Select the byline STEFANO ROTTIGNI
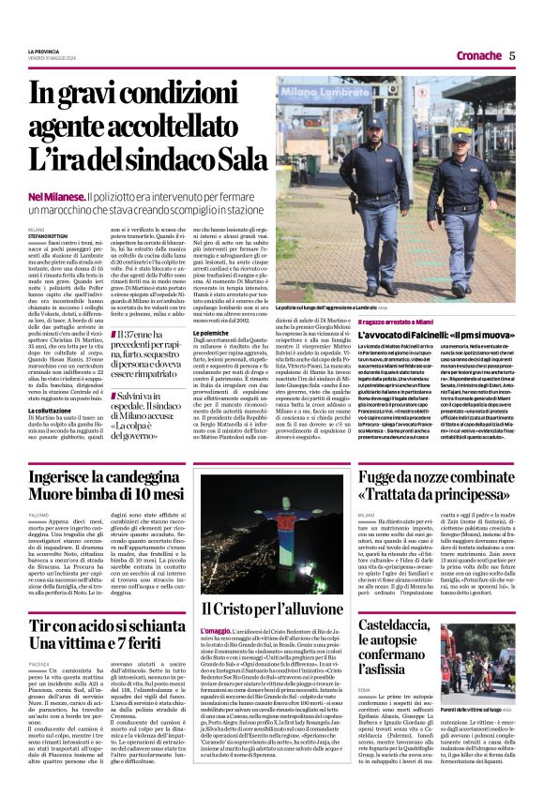click(49, 233)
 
